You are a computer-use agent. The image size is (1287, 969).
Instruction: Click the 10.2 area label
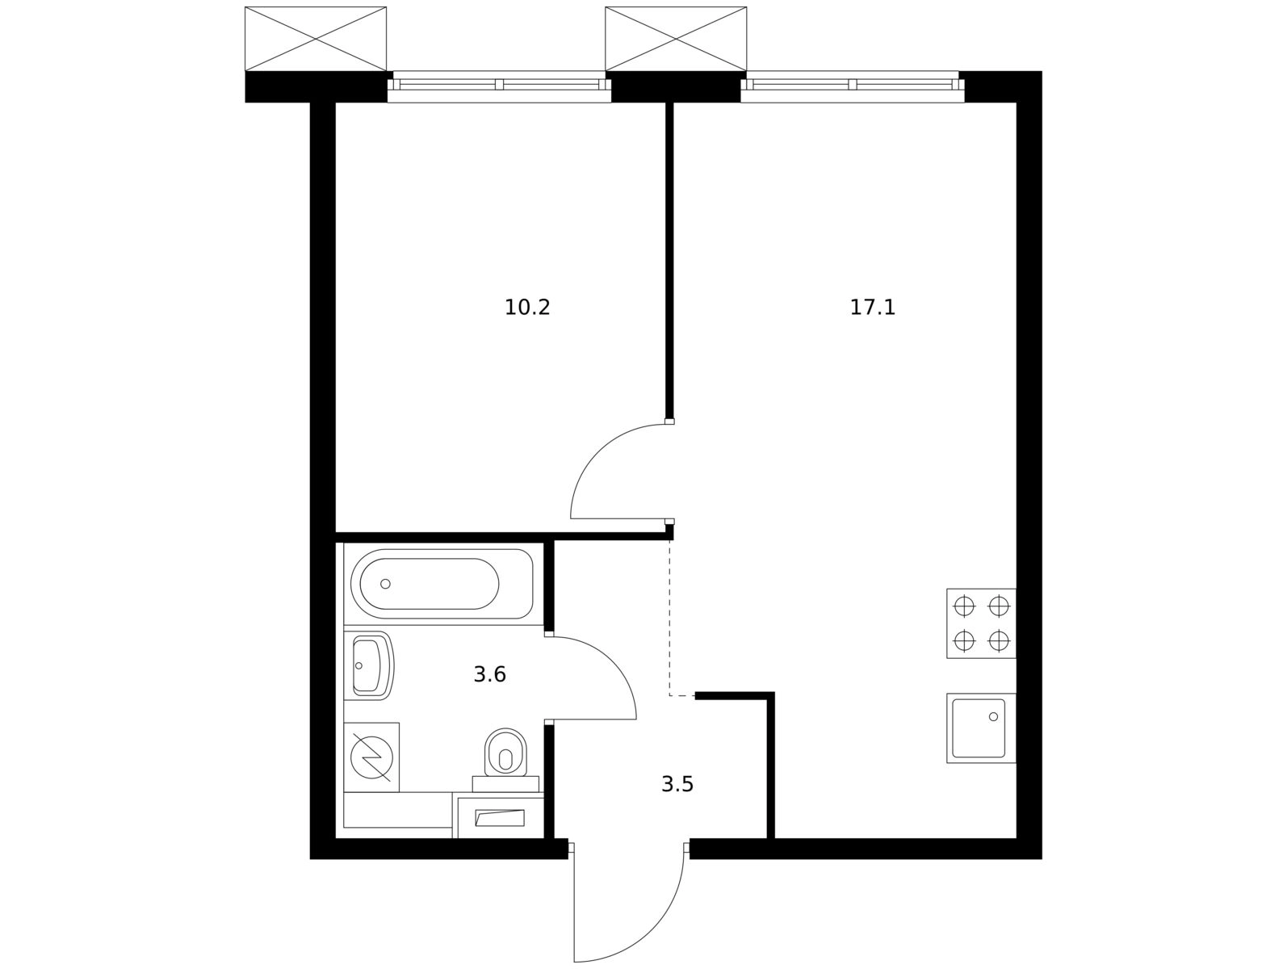(x=527, y=307)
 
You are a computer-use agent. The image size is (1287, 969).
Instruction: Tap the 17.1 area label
(x=873, y=307)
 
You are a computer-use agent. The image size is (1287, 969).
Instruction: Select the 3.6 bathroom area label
(x=489, y=675)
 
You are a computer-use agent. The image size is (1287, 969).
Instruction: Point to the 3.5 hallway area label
(x=677, y=784)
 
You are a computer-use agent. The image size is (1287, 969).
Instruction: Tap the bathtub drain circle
(x=385, y=584)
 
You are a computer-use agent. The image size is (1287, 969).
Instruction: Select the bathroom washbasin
(x=371, y=666)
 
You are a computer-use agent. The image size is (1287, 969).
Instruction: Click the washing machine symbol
(x=371, y=757)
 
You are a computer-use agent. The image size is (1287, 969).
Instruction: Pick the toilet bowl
(x=505, y=753)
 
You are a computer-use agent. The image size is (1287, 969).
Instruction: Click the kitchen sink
(x=981, y=728)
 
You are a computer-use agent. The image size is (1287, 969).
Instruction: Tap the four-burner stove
(x=981, y=623)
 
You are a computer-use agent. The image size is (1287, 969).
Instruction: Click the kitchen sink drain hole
(x=993, y=716)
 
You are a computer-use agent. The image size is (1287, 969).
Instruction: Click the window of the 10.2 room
(x=499, y=86)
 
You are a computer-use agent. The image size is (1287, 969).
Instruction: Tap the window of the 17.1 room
(x=852, y=86)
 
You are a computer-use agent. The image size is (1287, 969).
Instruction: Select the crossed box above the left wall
(x=316, y=39)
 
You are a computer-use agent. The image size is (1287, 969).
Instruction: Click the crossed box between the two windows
(x=676, y=39)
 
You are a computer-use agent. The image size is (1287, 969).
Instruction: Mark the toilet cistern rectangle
(x=505, y=784)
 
